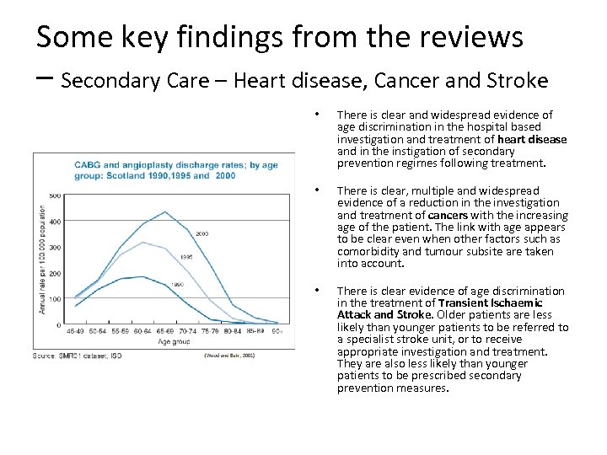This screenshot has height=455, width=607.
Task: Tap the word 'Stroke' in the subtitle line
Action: coord(515,81)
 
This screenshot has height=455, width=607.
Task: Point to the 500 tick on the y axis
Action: coord(54,195)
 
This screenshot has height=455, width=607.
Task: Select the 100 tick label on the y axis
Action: coord(54,299)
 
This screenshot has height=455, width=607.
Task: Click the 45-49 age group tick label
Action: coord(74,331)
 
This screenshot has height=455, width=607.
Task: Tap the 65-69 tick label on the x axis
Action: coord(164,331)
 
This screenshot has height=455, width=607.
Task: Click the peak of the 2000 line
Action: coord(165,211)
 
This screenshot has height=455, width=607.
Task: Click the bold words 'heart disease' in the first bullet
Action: coord(532,139)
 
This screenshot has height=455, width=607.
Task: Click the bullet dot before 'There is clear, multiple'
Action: coord(315,190)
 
